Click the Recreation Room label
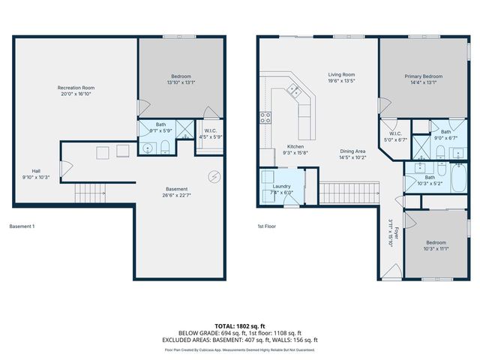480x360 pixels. coord(76,88)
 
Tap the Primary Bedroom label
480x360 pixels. coord(423,76)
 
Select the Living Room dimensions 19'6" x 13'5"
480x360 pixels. coord(340,82)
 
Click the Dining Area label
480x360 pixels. coord(352,151)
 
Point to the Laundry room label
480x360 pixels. coord(282,185)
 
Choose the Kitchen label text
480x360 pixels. coord(295,147)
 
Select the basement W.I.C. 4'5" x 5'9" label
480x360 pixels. coord(211,136)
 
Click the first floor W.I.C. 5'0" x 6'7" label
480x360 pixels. coord(394,139)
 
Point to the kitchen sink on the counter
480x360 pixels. coord(294,91)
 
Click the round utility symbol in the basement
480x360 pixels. coord(214,176)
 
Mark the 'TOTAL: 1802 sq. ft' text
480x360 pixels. coord(239,326)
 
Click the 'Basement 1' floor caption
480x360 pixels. coord(22,226)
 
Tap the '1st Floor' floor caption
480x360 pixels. coord(267,226)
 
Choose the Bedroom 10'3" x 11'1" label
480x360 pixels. coord(436,245)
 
